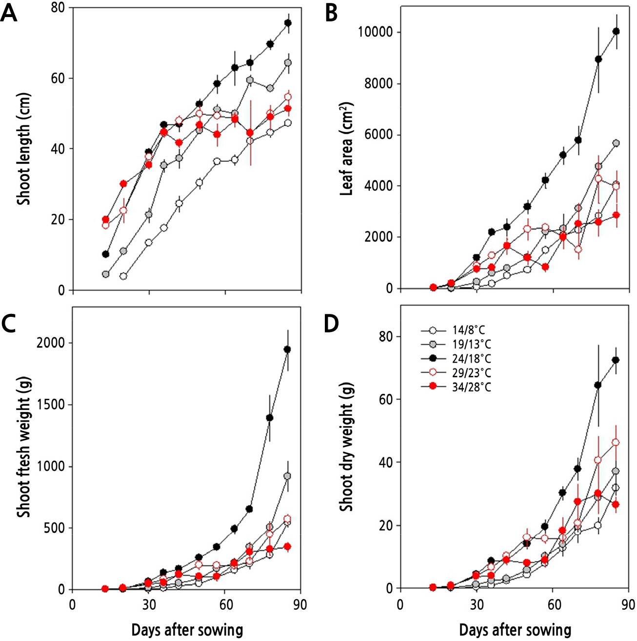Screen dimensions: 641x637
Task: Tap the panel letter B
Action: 331,14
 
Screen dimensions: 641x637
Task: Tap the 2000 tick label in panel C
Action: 51,343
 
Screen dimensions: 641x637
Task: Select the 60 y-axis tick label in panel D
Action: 387,399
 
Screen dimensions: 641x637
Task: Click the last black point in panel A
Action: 288,23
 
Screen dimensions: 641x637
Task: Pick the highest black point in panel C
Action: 288,349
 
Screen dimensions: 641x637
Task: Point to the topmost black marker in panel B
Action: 616,31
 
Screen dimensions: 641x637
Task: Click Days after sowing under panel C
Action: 187,630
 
